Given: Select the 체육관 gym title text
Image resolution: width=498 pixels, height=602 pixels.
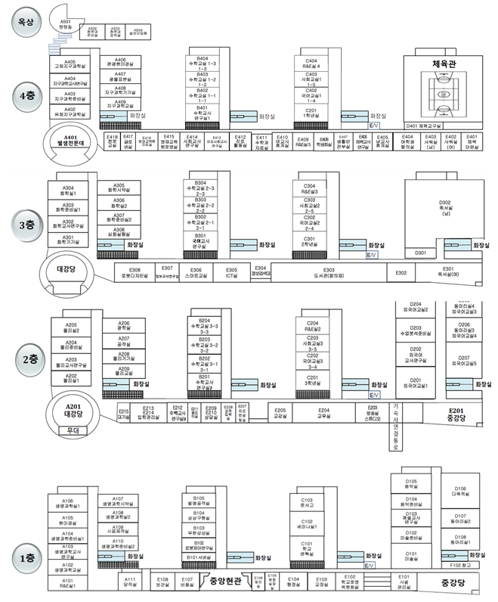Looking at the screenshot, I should tap(446, 64).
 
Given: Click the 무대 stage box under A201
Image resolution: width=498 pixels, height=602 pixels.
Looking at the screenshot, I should tap(73, 430).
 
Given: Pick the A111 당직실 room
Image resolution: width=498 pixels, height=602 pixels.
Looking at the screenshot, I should tap(129, 580).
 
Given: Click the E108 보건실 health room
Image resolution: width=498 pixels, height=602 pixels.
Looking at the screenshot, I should tap(162, 580).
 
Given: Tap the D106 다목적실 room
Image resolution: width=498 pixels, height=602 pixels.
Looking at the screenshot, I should tap(460, 491).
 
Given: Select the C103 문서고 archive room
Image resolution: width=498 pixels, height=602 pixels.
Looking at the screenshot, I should tap(307, 503).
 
